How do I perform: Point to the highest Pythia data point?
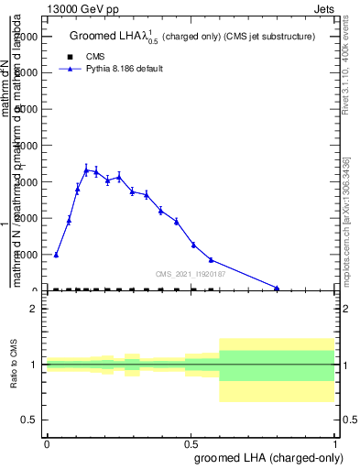[86, 169]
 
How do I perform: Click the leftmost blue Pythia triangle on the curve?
[57, 255]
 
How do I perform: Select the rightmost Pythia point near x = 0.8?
[277, 288]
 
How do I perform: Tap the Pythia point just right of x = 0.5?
[193, 245]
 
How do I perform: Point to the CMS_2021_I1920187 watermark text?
[191, 273]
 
